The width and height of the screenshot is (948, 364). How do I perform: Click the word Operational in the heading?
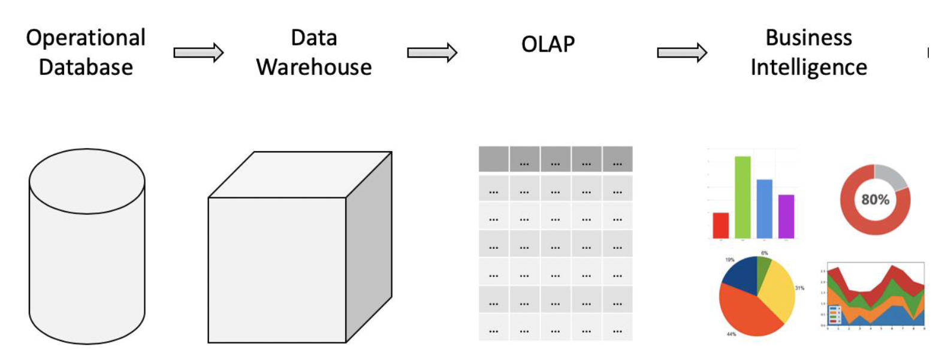click(x=86, y=38)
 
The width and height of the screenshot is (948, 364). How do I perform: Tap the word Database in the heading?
click(x=86, y=67)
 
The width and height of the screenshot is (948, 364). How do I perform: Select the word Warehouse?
click(x=314, y=67)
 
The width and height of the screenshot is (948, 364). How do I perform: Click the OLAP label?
click(x=548, y=44)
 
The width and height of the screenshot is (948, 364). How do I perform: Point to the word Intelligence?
click(x=808, y=67)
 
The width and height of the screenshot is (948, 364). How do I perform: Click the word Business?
click(x=808, y=38)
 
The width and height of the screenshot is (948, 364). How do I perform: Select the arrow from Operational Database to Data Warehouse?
click(x=198, y=53)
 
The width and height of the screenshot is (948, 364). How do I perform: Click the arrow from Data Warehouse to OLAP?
click(x=432, y=53)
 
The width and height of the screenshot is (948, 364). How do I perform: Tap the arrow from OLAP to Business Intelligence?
click(x=682, y=53)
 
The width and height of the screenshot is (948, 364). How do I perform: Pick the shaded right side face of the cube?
click(x=369, y=246)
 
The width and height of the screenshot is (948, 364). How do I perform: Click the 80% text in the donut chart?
click(x=875, y=200)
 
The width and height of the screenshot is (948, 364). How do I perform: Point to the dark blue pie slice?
click(x=741, y=276)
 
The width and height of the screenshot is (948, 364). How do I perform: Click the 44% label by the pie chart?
click(x=731, y=334)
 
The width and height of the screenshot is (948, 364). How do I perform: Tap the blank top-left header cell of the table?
click(x=493, y=160)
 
